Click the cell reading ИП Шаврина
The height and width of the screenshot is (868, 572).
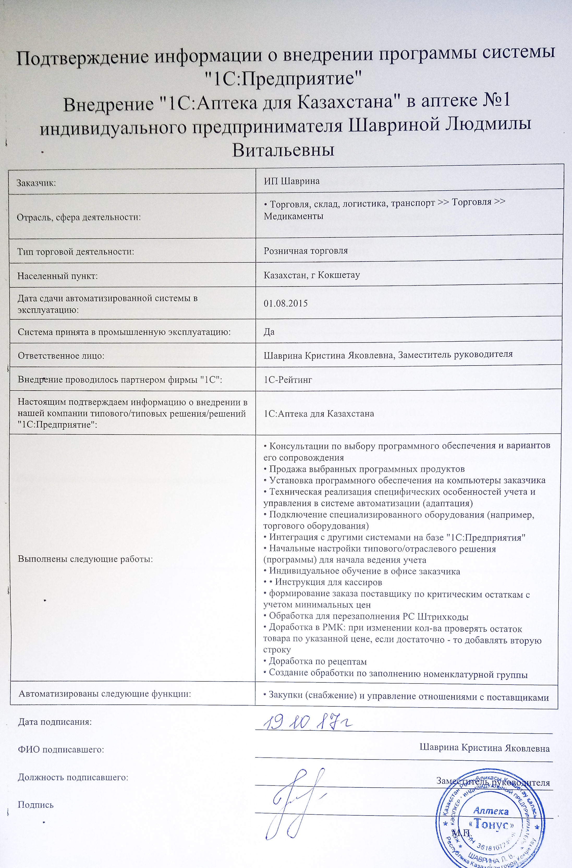pyautogui.click(x=291, y=181)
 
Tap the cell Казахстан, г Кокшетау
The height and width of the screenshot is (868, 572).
pyautogui.click(x=312, y=275)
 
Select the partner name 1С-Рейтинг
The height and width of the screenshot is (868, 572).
pyautogui.click(x=288, y=380)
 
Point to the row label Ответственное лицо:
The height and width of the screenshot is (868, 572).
pyautogui.click(x=61, y=355)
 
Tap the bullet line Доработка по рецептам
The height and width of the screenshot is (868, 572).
pyautogui.click(x=317, y=661)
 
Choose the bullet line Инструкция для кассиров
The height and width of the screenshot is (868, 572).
pyautogui.click(x=328, y=582)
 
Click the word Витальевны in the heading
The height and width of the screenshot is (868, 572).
pyautogui.click(x=283, y=150)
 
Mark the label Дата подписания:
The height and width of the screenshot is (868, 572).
pyautogui.click(x=55, y=722)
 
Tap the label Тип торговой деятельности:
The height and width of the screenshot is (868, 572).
pyautogui.click(x=76, y=251)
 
